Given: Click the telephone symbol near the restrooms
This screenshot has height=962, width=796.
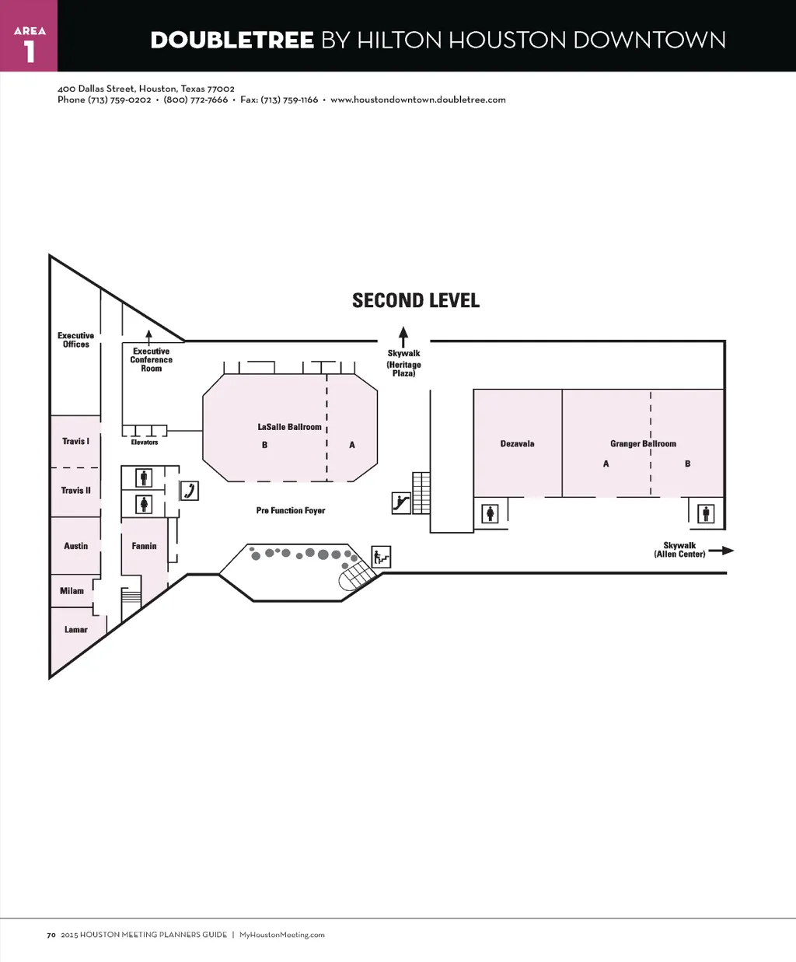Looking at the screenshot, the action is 190,491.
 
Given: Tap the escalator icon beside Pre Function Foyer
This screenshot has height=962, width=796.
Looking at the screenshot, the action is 401,503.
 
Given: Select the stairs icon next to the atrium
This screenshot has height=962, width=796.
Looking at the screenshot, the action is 381,557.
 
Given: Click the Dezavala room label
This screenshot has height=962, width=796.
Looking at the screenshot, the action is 517,444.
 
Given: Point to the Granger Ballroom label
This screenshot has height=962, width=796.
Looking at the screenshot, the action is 643,444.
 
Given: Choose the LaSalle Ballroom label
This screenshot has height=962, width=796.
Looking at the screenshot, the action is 289,427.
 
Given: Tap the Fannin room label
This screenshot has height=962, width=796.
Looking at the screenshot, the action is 144,546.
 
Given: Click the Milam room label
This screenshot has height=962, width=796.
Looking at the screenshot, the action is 72,590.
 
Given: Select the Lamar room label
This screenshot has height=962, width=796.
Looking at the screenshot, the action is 76,629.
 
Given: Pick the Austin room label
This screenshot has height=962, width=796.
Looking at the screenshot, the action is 76,546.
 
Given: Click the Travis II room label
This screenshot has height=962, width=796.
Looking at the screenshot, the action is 76,490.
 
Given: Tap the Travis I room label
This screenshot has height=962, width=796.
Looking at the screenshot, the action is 76,441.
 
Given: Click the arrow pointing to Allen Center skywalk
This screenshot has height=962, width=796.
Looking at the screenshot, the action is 721,550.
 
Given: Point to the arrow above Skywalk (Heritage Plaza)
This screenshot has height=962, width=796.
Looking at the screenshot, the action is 403,337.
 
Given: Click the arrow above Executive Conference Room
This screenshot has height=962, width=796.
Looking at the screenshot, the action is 148,338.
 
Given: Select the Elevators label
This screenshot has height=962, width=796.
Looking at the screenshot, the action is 144,443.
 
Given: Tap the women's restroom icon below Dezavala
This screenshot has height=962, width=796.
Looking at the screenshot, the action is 491,514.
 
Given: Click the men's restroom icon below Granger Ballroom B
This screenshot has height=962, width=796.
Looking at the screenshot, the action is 706,514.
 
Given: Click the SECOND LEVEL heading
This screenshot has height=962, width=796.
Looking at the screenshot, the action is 416,300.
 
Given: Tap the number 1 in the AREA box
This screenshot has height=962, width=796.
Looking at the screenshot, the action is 30,51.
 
